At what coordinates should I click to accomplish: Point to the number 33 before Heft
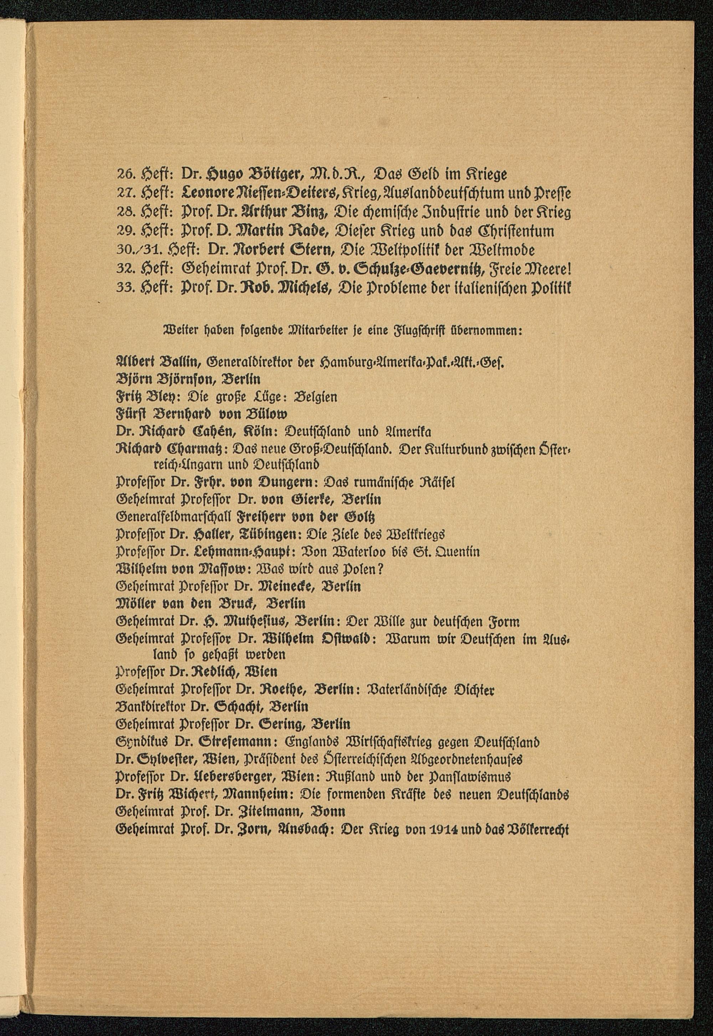(123, 289)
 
